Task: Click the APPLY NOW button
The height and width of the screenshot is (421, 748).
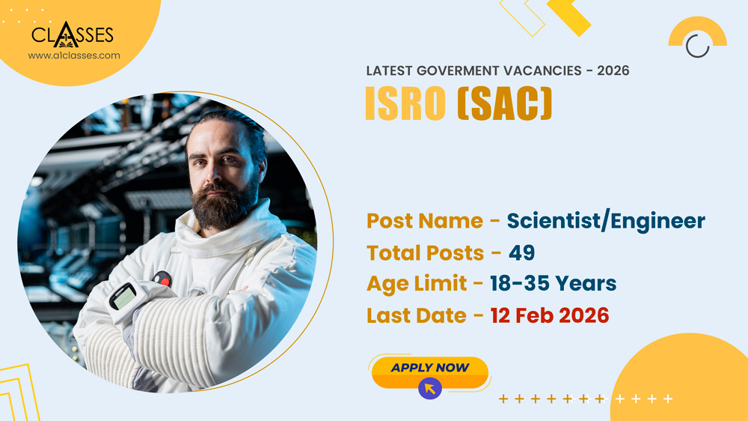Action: [429, 368]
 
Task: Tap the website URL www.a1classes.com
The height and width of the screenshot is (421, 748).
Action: [74, 55]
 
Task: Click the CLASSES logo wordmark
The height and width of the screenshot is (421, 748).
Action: [73, 34]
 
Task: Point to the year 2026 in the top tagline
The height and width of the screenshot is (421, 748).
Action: [613, 71]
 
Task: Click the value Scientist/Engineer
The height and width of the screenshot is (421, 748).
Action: [606, 221]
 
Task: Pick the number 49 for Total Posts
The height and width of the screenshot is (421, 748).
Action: [521, 253]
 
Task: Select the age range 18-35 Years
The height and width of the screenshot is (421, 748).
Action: [554, 284]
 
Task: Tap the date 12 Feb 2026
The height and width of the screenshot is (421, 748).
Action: [550, 315]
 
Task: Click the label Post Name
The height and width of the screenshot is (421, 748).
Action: [424, 221]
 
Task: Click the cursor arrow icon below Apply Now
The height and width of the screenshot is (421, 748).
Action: [430, 387]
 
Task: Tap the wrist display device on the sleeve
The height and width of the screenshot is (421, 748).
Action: [123, 297]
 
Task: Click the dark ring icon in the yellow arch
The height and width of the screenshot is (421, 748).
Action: [697, 46]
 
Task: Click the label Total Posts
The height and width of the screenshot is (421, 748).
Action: [424, 253]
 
